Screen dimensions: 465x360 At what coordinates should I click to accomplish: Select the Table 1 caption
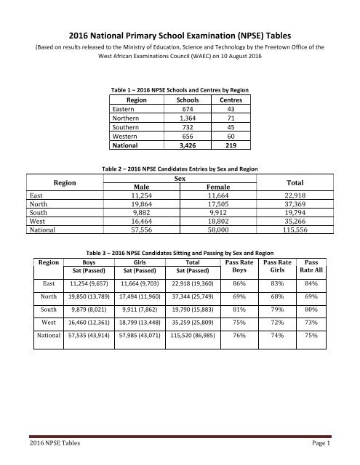click(179, 89)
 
